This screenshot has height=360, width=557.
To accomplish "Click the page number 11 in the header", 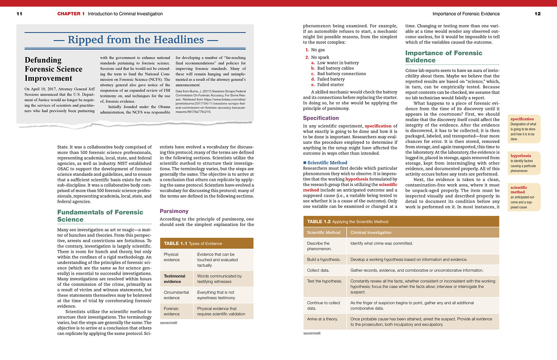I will click(x=19, y=14).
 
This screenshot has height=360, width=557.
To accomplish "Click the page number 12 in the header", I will click(x=538, y=14).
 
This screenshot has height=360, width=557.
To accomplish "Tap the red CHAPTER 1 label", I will click(x=71, y=14).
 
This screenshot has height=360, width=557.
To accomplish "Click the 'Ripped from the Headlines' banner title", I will click(x=136, y=40).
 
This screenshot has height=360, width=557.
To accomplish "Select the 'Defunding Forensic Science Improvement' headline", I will click(x=53, y=69).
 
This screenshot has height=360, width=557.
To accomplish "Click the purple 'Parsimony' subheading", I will click(x=174, y=211).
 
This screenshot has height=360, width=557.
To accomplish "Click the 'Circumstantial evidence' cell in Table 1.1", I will click(x=176, y=296).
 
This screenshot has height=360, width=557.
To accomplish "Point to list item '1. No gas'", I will click(x=315, y=50).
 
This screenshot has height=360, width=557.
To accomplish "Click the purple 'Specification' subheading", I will click(x=321, y=118).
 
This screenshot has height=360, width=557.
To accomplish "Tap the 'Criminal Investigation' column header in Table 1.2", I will click(x=371, y=232).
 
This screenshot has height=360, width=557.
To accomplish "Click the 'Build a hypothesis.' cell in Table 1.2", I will click(x=324, y=259).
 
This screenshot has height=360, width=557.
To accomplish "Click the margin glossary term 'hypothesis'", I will click(x=521, y=156).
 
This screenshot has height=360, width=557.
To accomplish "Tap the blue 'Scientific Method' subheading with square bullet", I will click(x=327, y=163).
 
